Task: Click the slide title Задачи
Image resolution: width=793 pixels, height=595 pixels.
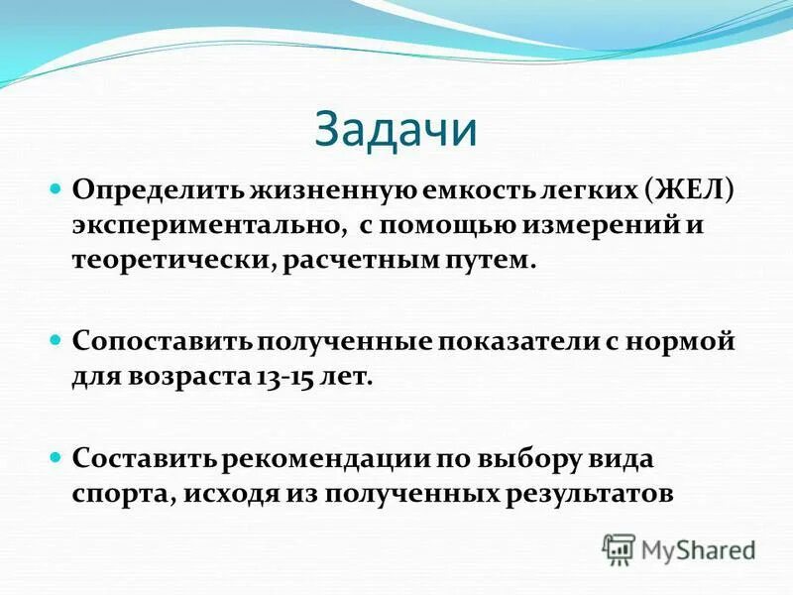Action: point(396,129)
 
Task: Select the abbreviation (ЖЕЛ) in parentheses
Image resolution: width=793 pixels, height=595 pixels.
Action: point(688,189)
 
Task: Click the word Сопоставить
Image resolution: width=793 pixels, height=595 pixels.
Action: point(163,342)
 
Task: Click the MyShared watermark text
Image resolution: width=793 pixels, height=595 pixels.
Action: point(699,549)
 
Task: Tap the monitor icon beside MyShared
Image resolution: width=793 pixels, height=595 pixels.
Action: point(620,549)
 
